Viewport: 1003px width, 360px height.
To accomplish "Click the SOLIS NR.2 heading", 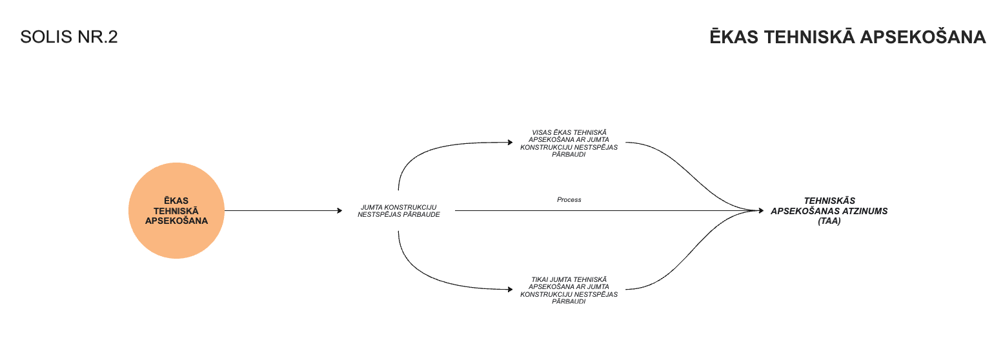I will (69, 37).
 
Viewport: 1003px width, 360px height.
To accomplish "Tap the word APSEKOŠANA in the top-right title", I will (924, 37).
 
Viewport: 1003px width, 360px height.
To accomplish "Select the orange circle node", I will (176, 210).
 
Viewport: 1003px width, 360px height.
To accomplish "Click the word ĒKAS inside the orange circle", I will (176, 201).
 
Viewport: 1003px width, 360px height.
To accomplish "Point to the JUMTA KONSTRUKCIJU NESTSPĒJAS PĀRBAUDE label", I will (399, 211).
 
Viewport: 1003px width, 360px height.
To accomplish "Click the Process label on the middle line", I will (569, 200).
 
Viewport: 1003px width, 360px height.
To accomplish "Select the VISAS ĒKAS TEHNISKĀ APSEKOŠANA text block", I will (569, 143).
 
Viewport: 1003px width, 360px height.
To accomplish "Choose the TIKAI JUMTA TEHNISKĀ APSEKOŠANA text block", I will (569, 290).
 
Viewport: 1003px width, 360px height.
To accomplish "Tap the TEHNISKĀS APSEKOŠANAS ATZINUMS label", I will (829, 206).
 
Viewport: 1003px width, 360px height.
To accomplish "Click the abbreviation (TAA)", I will (829, 221).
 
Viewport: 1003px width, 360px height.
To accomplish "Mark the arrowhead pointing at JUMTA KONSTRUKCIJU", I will (339, 211).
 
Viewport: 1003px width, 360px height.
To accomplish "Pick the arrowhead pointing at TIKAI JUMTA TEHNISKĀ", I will (509, 288).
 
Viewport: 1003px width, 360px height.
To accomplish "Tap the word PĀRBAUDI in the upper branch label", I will (569, 155).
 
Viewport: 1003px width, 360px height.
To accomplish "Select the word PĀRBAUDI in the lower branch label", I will (569, 302).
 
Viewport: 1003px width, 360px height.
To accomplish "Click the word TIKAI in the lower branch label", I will (540, 279).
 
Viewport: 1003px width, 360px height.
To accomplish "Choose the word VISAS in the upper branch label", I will (541, 132).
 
